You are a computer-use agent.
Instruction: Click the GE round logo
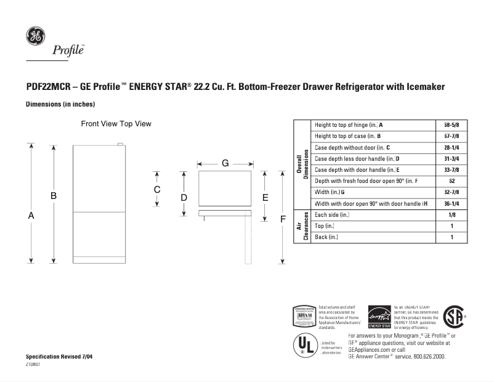click(x=34, y=36)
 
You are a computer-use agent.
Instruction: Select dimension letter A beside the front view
click(x=30, y=216)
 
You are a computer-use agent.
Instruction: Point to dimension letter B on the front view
click(x=54, y=196)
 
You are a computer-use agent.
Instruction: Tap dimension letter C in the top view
click(x=157, y=189)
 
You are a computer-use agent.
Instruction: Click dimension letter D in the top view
click(x=184, y=197)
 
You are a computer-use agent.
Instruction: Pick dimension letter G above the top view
click(x=225, y=163)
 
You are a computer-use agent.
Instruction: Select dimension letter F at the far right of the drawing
click(x=283, y=219)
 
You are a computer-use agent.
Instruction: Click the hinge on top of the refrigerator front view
click(x=120, y=145)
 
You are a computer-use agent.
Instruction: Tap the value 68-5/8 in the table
click(x=451, y=125)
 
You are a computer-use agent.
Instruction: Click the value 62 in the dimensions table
click(x=451, y=181)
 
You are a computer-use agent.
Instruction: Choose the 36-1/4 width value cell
click(x=451, y=203)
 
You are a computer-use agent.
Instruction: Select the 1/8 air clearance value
click(x=451, y=215)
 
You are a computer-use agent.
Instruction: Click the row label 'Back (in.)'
click(x=326, y=237)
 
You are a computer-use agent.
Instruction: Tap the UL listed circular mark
click(x=302, y=344)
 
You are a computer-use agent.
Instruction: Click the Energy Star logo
click(x=379, y=317)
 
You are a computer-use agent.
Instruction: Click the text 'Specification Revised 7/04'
click(x=60, y=357)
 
